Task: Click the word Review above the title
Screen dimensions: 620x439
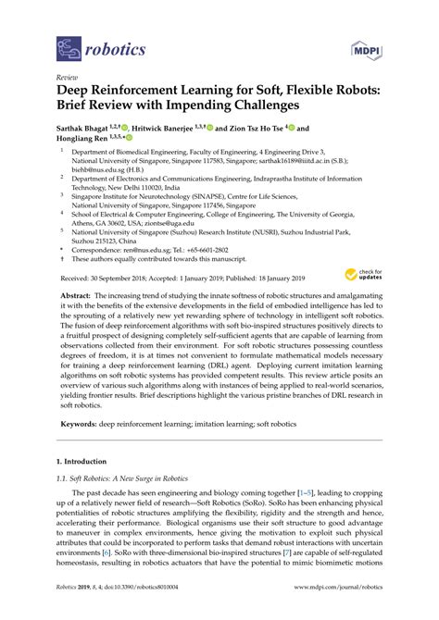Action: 67,78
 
